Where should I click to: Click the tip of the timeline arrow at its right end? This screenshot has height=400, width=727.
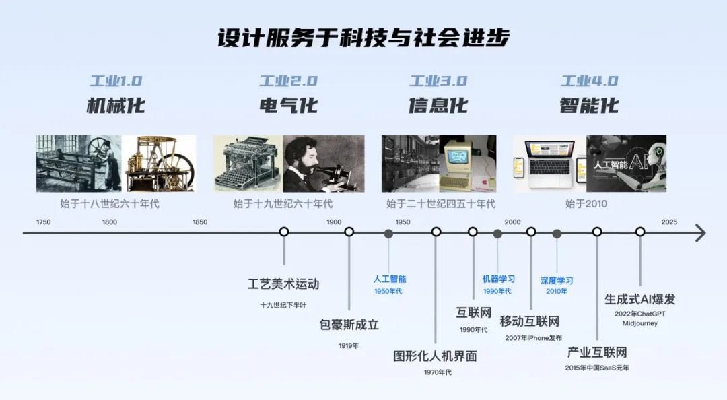(x=705, y=232)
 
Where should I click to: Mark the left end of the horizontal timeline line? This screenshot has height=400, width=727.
(x=23, y=232)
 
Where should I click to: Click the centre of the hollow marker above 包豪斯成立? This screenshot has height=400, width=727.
(x=349, y=232)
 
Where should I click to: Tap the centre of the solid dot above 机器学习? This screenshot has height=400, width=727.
(x=497, y=234)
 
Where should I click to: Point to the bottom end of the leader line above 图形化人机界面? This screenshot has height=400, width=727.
(x=436, y=343)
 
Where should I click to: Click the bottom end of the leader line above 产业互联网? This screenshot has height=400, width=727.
(x=597, y=339)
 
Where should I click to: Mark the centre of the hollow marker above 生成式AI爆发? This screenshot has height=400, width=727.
(x=640, y=232)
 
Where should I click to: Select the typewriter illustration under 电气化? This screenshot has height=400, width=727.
(x=248, y=164)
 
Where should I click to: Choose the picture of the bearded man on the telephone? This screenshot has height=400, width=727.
(x=324, y=164)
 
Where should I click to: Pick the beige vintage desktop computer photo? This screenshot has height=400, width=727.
(x=468, y=164)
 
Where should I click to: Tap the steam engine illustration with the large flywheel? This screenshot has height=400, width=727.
(x=159, y=164)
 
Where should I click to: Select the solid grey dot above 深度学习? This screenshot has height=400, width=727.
(x=557, y=234)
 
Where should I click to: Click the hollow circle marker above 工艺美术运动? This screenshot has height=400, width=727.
(x=284, y=232)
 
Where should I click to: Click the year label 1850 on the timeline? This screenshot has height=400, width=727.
(x=200, y=222)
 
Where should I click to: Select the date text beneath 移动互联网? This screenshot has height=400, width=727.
(x=534, y=338)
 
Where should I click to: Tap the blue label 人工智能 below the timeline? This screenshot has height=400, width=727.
(x=390, y=279)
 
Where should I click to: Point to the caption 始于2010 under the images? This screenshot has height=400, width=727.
(x=586, y=204)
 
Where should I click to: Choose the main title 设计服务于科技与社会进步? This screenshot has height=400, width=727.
(x=363, y=38)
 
